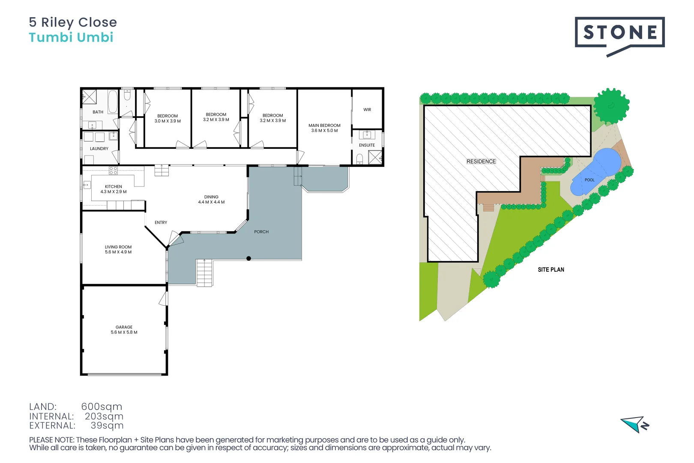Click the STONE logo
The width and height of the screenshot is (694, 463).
619,33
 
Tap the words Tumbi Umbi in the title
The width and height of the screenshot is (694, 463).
71,38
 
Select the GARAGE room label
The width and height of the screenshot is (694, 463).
124,327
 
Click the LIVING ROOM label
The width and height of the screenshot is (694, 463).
118,247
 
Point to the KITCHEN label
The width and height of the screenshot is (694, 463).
114,186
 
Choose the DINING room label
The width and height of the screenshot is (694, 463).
211,197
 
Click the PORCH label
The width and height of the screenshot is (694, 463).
261,232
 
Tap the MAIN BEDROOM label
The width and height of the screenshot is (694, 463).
324,126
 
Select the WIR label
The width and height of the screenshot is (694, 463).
367,110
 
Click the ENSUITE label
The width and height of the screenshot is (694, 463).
367,145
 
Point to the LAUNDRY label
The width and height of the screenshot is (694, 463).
99,149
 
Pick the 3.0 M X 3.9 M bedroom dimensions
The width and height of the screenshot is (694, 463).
168,121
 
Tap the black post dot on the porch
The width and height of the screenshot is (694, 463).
248,259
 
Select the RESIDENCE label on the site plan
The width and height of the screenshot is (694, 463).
481,162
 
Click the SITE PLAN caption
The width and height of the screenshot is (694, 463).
551,270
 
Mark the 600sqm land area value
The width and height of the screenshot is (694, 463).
102,406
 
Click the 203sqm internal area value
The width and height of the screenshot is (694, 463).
104,416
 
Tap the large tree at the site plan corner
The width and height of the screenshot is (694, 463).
611,105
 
